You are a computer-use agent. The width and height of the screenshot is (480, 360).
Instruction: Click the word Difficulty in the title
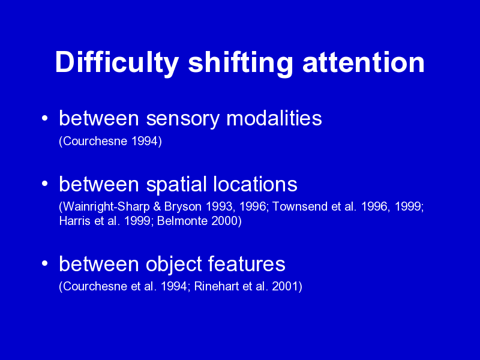point(117,63)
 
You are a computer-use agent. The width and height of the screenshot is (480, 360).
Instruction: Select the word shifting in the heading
point(241,63)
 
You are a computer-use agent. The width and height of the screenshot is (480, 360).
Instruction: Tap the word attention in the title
point(364,62)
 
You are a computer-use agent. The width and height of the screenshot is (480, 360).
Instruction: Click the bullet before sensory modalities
point(44,118)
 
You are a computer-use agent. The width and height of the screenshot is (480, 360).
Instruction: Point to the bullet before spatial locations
point(44,184)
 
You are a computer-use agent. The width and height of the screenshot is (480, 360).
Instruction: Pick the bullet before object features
point(44,263)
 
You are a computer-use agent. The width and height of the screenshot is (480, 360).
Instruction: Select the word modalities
point(274,118)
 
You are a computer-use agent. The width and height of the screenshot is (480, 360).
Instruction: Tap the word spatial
point(176,185)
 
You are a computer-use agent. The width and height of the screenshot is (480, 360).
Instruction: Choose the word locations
point(255,184)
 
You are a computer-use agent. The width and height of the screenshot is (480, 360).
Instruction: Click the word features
point(247,263)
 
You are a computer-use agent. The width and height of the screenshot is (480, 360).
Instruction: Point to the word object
point(173,264)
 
